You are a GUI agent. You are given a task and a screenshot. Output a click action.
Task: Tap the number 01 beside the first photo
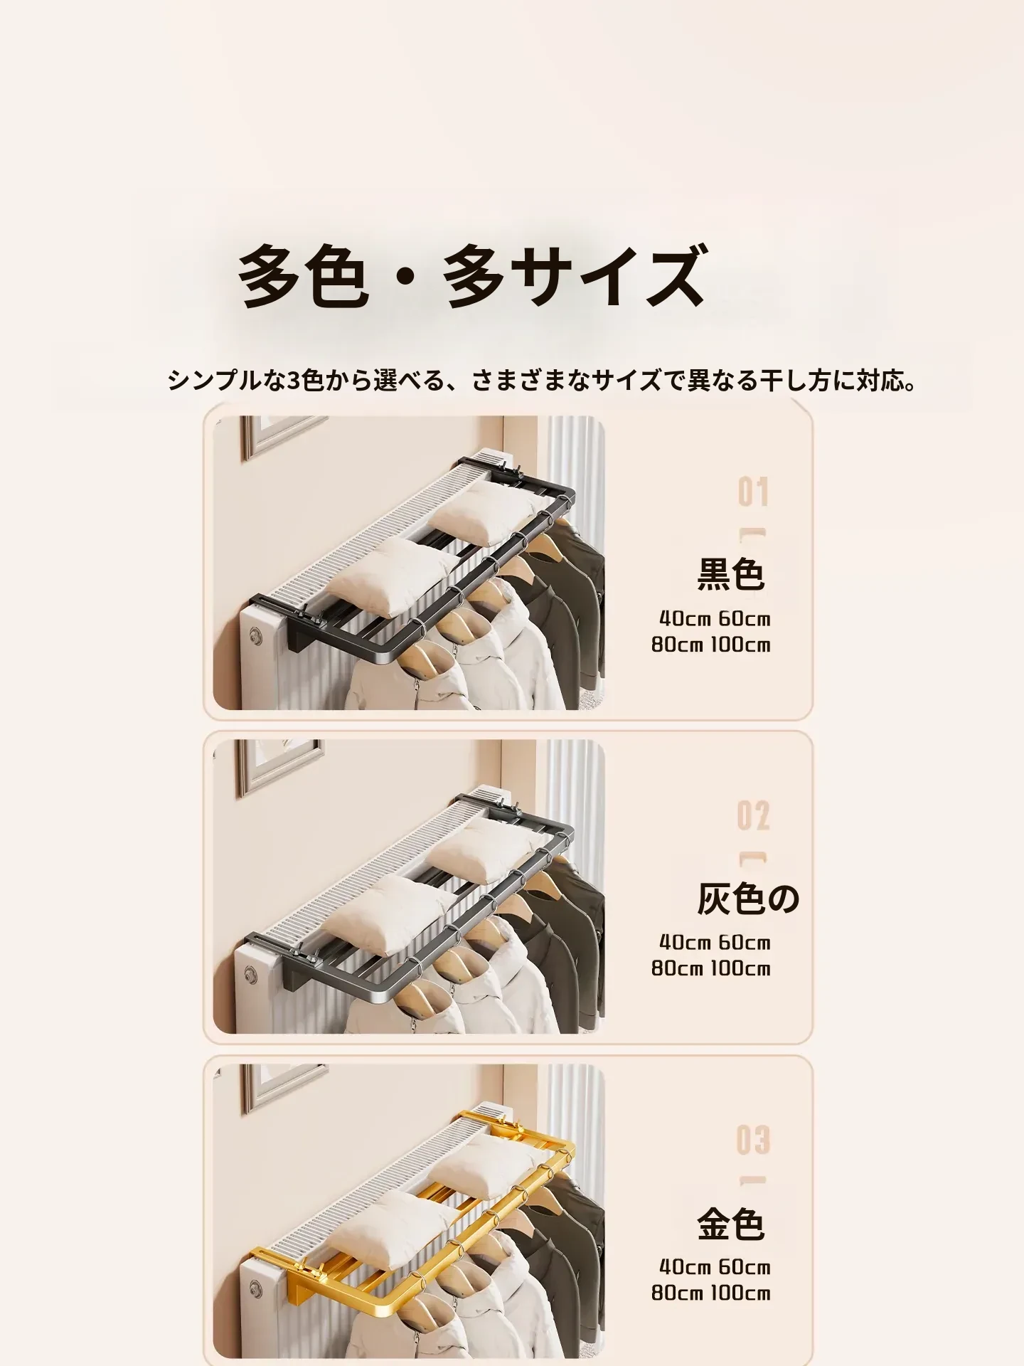(753, 492)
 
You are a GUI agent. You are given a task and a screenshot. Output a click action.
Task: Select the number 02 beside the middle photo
(753, 815)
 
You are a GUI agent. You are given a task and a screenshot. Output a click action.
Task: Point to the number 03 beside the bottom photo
(753, 1140)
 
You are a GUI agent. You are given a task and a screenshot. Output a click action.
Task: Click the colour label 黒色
(731, 574)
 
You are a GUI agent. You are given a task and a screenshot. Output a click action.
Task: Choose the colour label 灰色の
(748, 898)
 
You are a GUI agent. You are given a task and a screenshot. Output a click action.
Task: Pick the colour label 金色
(731, 1224)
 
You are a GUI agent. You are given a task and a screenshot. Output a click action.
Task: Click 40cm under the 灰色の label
(685, 942)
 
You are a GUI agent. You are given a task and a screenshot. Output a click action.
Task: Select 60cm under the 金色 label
(745, 1266)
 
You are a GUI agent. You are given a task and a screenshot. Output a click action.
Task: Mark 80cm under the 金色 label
(677, 1292)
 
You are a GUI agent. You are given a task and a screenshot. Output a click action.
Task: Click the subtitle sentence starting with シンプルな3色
(542, 381)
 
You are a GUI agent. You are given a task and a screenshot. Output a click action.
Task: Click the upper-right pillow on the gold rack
(490, 1166)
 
